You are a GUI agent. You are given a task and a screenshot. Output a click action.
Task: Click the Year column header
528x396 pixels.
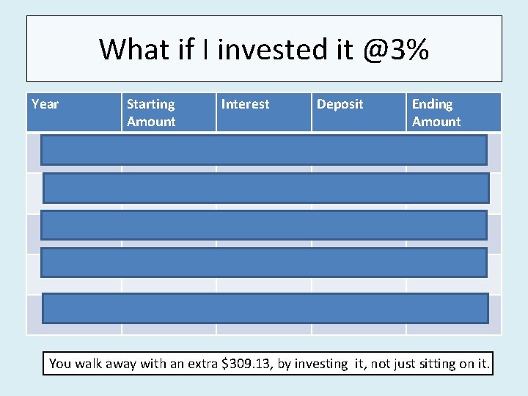coord(45,104)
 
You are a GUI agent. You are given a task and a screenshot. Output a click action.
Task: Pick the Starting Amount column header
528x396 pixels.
coord(151,113)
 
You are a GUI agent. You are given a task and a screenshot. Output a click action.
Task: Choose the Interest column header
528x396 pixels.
coord(245,104)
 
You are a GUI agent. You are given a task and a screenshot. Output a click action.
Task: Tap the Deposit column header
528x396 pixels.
coord(340,104)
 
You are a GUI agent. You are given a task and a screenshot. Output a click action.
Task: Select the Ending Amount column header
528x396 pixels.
coord(436,113)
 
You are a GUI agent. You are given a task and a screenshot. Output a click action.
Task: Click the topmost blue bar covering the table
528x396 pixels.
coord(263,149)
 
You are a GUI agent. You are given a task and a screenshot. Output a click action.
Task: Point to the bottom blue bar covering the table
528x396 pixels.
coord(265,308)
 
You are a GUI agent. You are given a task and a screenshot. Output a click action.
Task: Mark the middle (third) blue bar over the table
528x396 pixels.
coord(263,225)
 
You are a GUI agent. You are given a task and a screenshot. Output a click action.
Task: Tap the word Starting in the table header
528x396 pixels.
coord(150,104)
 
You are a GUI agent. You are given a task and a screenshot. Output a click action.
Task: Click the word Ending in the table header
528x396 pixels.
coord(432,104)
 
